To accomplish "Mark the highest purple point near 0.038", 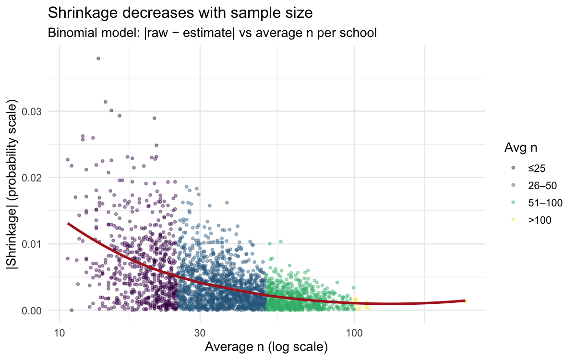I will (x=98, y=59).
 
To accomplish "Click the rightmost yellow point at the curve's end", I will (x=465, y=301).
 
